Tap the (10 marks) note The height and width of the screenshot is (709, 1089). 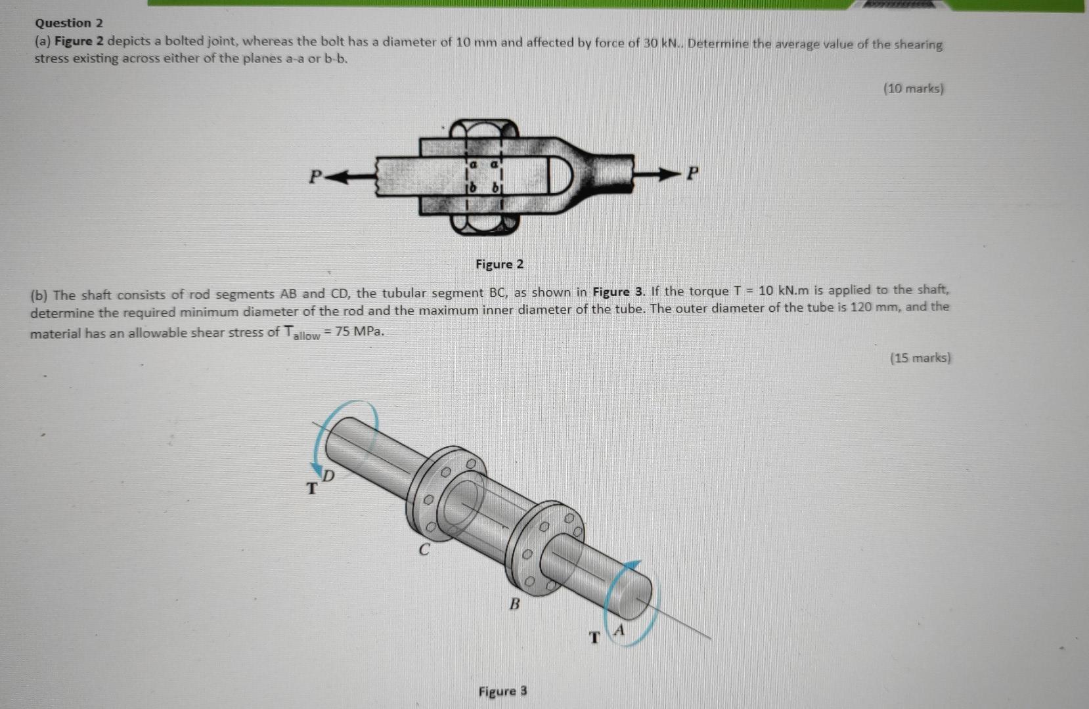click(913, 88)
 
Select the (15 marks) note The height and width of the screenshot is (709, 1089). click(920, 358)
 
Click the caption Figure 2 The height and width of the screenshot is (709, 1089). click(499, 265)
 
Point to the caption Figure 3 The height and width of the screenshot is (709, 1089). click(502, 691)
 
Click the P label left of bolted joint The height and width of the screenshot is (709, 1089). click(315, 176)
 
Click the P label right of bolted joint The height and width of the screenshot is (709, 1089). click(692, 174)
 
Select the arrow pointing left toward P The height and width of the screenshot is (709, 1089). click(348, 176)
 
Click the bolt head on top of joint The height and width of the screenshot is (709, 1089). click(485, 129)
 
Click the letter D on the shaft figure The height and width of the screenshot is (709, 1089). click(328, 475)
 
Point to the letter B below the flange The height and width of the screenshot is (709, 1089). click(514, 603)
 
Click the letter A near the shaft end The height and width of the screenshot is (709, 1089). click(619, 631)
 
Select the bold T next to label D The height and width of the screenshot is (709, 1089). click(312, 488)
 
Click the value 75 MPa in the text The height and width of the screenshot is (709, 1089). click(359, 332)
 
